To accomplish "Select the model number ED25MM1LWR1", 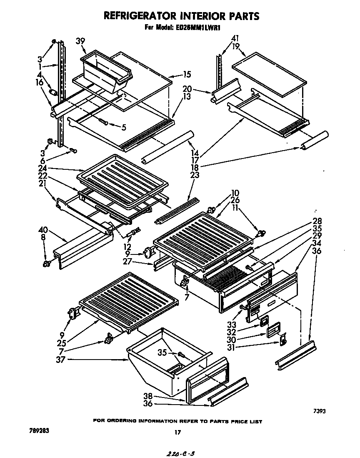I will [x=201, y=28].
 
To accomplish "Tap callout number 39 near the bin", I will [x=80, y=41].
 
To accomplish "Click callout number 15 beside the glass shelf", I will [x=186, y=75].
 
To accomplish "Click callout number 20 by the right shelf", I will [x=187, y=89].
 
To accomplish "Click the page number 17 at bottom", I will [x=178, y=433].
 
